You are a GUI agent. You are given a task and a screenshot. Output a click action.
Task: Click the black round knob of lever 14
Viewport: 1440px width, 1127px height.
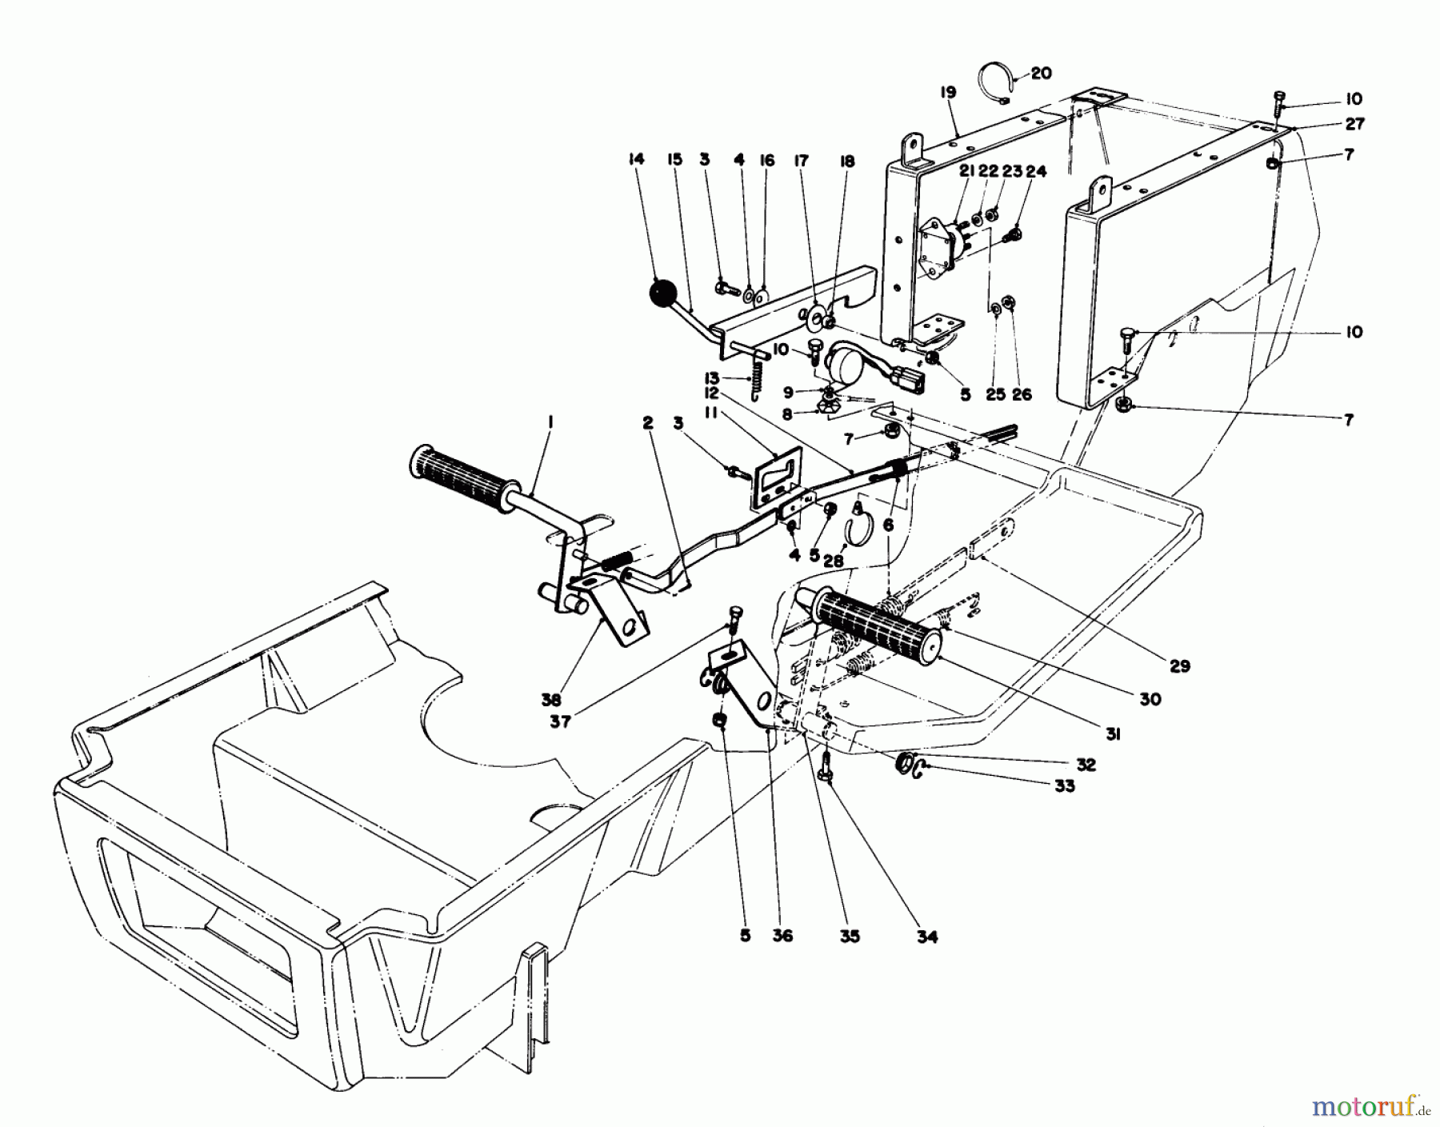[x=663, y=294]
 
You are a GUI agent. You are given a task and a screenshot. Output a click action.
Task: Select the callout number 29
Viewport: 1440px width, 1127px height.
[x=1180, y=665]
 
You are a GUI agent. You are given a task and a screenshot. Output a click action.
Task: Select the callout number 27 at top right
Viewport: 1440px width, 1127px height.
[x=1354, y=124]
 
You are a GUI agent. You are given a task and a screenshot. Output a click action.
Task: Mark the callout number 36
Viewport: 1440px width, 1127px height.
[x=782, y=935]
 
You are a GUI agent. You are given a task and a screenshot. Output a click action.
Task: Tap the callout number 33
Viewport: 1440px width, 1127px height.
[x=1064, y=786]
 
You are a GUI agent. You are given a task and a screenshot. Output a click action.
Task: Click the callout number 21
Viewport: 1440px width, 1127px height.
[x=966, y=171]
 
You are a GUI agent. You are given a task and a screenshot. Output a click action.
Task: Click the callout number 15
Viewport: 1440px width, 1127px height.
[x=674, y=160]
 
